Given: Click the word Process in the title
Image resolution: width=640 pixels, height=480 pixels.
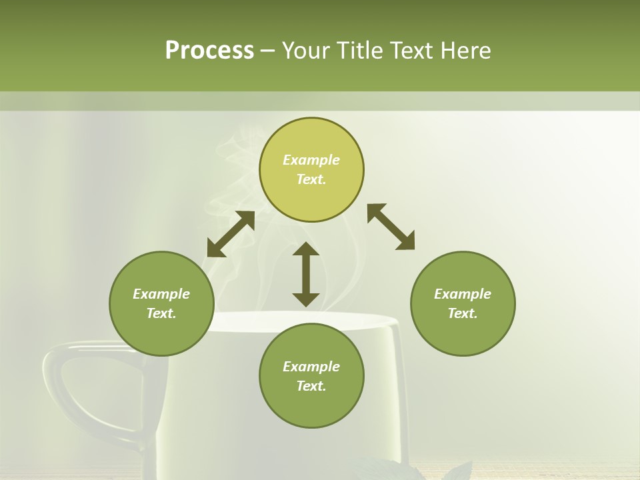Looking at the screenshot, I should coord(209,51).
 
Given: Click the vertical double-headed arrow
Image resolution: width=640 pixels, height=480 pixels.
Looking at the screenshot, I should coord(306,275).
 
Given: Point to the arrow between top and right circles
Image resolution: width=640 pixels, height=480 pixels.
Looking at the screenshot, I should coord(391,227).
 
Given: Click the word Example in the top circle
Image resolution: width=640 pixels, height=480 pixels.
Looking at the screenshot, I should coord(311,160).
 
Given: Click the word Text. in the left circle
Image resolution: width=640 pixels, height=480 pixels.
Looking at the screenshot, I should coord(161,313).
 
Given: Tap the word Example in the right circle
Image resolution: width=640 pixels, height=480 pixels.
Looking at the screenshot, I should coord(463,294).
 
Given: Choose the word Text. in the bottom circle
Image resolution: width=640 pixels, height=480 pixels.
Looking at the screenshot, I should coord(311,386).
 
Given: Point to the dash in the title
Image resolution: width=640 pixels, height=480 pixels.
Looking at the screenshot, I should coord(268,51).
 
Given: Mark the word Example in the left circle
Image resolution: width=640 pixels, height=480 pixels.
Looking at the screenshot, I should coord(161,294).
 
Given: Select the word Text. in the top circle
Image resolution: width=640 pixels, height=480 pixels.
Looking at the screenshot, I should coord(311,179).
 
